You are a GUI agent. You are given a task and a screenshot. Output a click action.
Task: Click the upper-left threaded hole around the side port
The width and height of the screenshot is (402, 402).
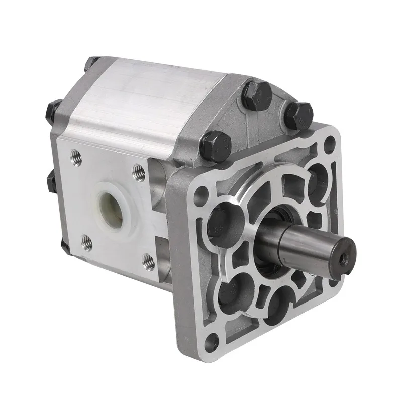point(76,156)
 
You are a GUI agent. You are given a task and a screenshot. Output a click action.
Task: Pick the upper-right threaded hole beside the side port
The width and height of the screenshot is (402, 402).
point(139,173)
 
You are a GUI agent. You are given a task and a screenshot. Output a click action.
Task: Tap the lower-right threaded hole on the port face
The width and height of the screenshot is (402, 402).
point(148,261)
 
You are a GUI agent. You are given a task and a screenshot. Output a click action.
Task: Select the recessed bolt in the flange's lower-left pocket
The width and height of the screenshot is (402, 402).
point(229,291)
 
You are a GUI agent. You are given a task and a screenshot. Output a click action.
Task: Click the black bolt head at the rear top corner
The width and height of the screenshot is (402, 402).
point(91,63)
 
